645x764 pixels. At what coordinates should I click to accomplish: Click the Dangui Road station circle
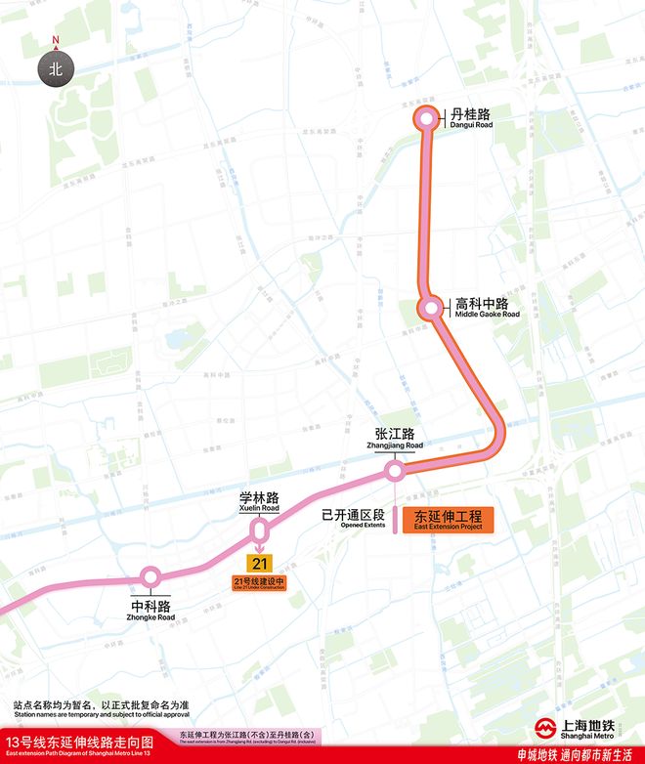click(x=426, y=119)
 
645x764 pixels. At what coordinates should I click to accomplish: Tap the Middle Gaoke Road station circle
click(x=430, y=309)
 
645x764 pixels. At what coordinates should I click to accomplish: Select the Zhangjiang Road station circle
click(x=395, y=473)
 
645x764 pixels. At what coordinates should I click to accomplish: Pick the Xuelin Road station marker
click(x=260, y=531)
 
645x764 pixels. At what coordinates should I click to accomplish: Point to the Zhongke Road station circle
click(x=150, y=577)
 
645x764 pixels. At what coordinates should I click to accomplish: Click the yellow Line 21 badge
click(x=259, y=564)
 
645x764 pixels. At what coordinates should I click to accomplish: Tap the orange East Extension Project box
click(x=449, y=520)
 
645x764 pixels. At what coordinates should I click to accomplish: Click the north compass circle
click(x=56, y=69)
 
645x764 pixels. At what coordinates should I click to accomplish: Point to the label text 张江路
click(x=395, y=433)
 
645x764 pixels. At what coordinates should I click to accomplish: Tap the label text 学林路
click(x=259, y=496)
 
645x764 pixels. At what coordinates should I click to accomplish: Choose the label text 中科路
click(x=150, y=605)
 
